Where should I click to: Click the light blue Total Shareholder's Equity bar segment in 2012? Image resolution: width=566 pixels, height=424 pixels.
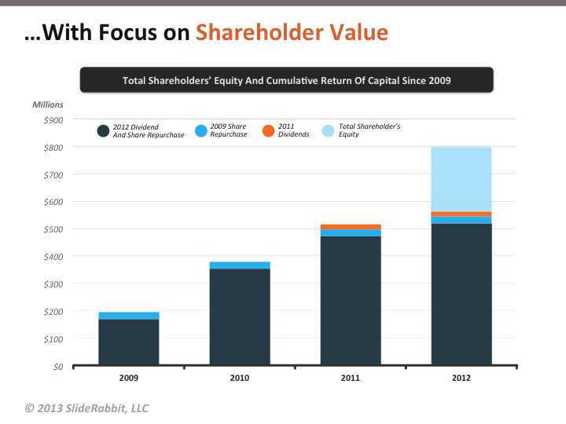461,179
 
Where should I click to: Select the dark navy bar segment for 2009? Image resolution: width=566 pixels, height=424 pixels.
129,342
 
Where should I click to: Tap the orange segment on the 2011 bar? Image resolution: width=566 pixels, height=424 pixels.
351,227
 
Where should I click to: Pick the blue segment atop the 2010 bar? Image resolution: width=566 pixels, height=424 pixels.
240,265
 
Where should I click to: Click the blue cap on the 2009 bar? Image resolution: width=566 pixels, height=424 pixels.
129,316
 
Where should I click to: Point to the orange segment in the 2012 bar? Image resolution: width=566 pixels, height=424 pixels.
461,214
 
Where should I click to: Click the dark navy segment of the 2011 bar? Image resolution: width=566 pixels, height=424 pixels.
351,301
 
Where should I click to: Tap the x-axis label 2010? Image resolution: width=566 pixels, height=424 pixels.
240,378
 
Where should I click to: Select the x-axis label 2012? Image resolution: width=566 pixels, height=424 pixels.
461,378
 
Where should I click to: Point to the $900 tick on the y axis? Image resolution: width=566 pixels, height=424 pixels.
53,119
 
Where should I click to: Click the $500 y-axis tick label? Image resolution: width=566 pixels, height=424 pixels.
53,229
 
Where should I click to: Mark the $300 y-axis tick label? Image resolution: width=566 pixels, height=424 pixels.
53,283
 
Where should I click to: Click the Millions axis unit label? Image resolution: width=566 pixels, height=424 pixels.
48,104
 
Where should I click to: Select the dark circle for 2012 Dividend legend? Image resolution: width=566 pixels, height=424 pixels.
103,130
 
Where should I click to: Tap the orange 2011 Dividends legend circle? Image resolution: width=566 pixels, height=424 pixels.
268,130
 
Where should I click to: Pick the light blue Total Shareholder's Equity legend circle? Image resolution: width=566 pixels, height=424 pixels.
329,130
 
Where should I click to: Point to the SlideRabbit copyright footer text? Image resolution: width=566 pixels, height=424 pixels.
86,408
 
